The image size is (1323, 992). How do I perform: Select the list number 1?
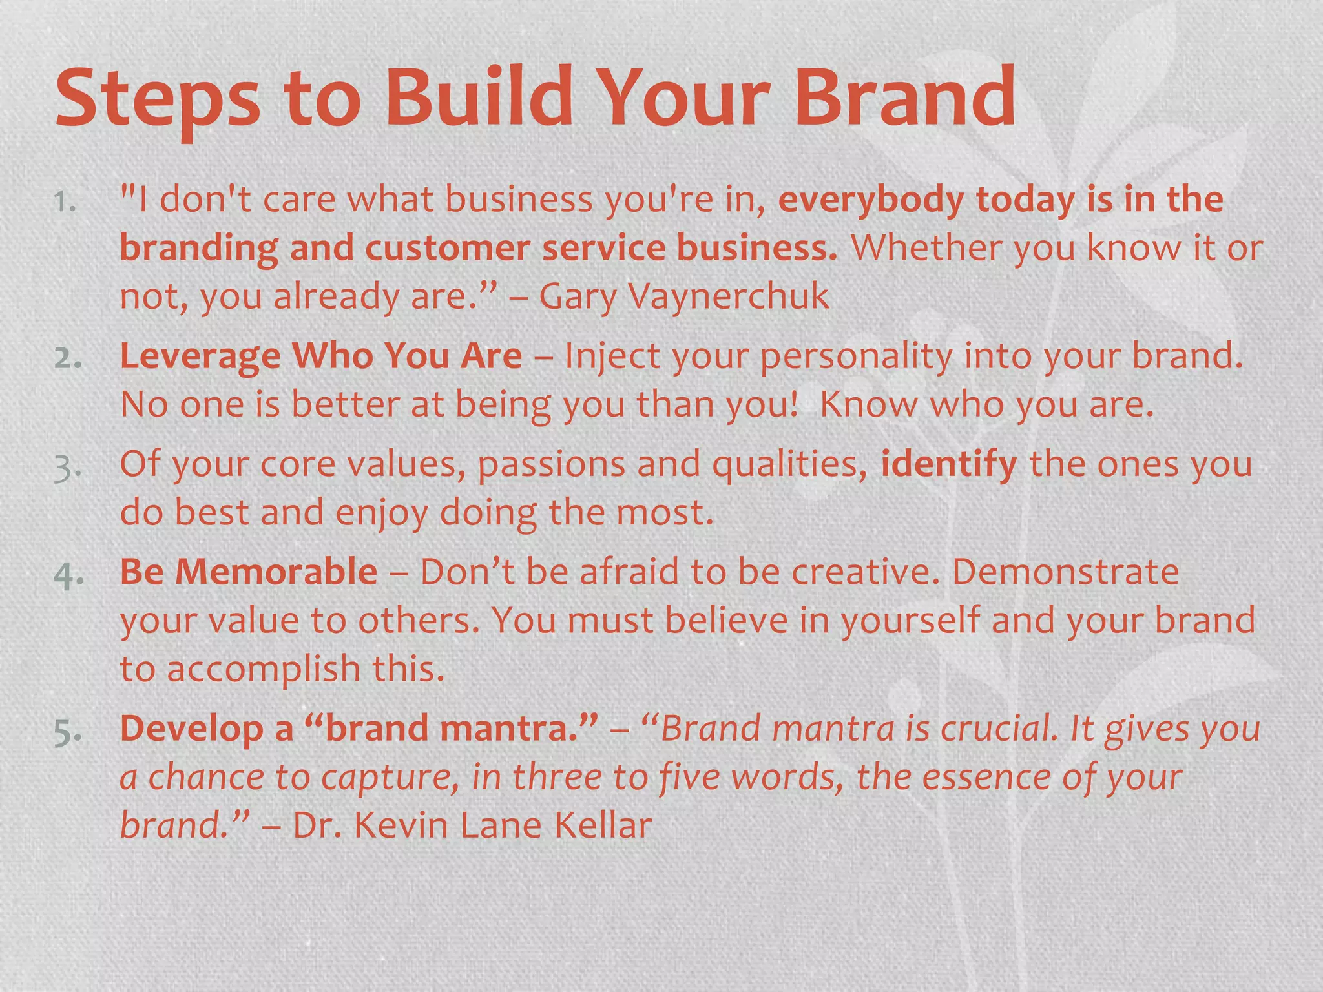(65, 202)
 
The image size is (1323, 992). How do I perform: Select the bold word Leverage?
(200, 356)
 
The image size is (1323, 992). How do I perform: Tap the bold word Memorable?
(276, 572)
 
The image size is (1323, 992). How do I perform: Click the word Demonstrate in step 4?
(1065, 572)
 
